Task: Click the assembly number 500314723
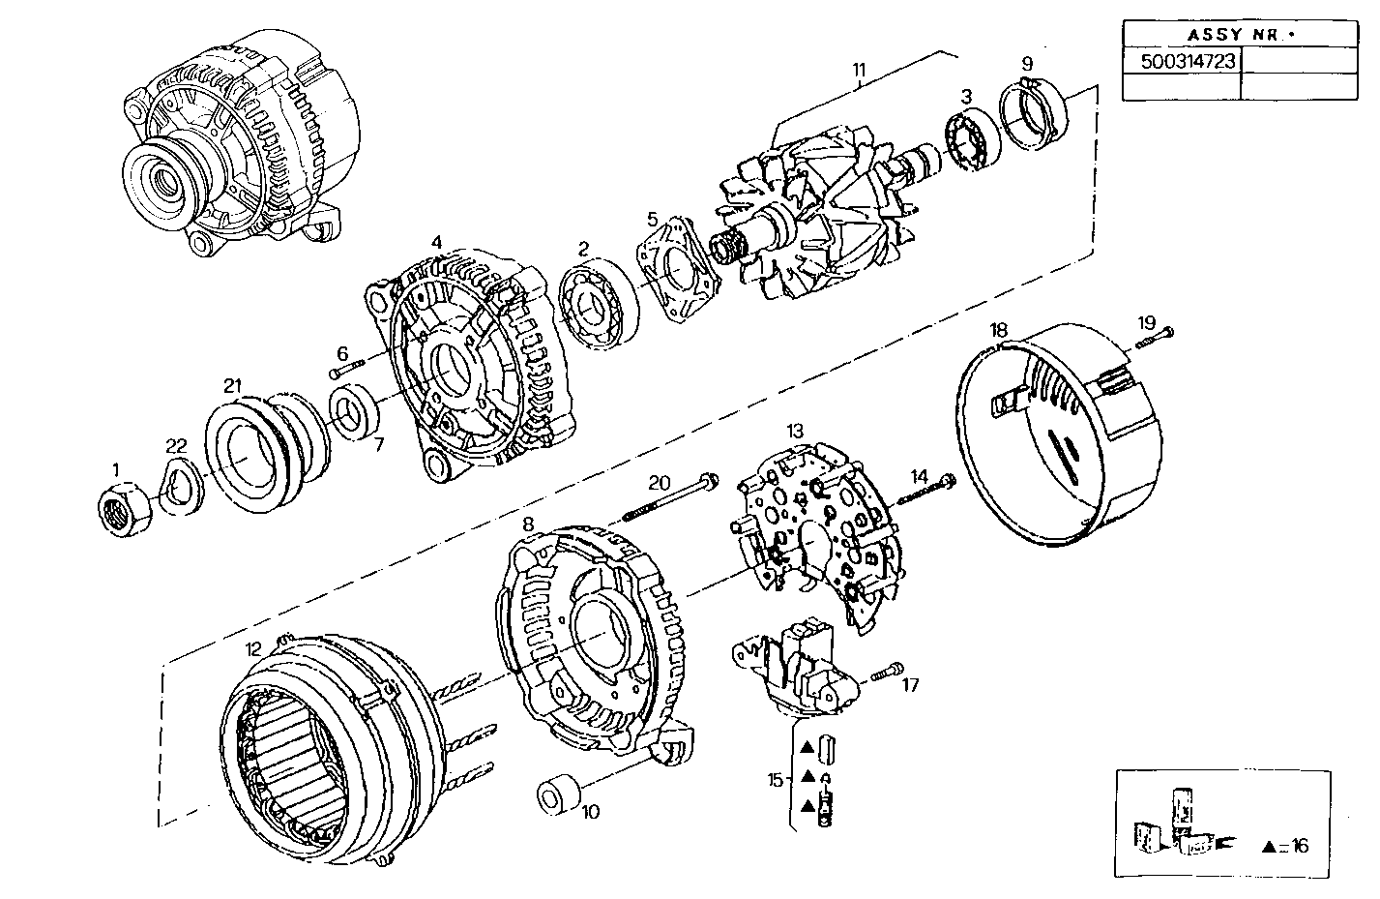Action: coord(1181,60)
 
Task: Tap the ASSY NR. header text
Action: coord(1240,35)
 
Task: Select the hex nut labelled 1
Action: coord(128,507)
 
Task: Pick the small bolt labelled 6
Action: coord(346,370)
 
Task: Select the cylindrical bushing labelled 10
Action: coord(558,793)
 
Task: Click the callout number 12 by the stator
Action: coord(253,649)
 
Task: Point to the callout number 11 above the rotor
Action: coord(859,70)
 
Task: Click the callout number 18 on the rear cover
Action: coord(999,330)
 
